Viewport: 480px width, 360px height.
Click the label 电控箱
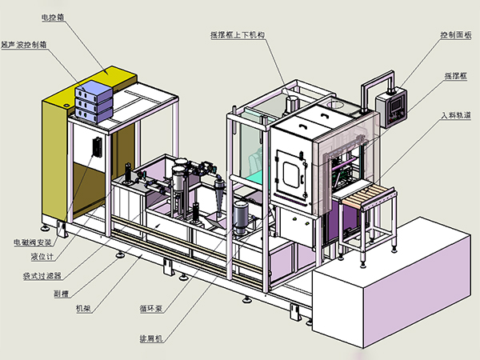pos(54,16)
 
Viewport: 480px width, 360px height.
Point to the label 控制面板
pos(455,35)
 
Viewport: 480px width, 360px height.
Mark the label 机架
pos(82,308)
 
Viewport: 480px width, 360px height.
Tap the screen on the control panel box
pos(392,108)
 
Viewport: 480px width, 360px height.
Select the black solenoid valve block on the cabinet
pos(97,146)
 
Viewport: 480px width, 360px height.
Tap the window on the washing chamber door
pos(290,170)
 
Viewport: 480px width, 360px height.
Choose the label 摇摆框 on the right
pos(456,76)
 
